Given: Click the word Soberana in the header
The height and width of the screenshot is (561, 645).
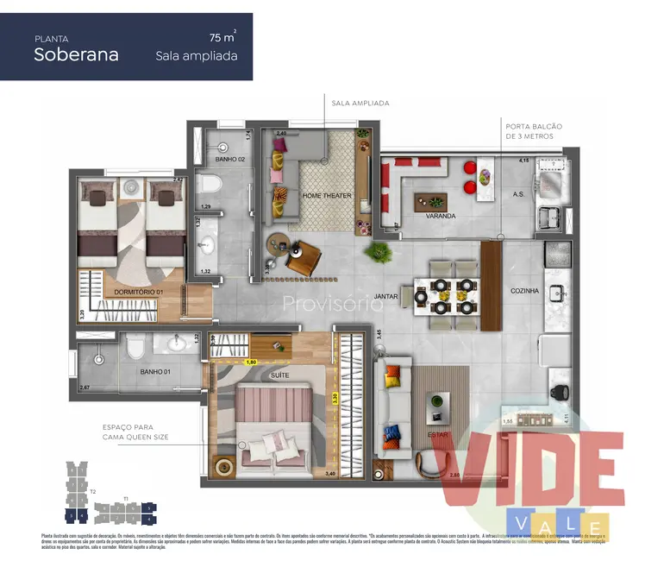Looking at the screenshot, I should pos(77,54).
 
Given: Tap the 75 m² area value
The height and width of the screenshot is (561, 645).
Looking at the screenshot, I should pos(222,38).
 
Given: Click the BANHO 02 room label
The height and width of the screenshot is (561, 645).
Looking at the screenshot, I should pos(230,161).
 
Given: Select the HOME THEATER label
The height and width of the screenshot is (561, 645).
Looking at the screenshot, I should pos(327,196).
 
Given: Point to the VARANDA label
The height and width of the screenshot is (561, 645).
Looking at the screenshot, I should pos(440,216).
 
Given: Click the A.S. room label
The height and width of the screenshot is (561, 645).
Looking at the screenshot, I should pos(518,195).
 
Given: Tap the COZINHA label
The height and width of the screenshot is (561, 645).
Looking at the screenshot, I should pos(524,291).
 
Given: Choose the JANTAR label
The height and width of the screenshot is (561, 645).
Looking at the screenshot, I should pos(385,293).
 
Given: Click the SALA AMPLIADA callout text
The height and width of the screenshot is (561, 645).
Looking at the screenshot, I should pos(360,104).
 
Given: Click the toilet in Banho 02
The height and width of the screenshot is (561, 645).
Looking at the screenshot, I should pos(210,184).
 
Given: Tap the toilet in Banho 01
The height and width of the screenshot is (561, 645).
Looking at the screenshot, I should pos(135,347).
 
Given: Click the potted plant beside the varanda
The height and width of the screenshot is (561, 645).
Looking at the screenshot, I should pos(377,252).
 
